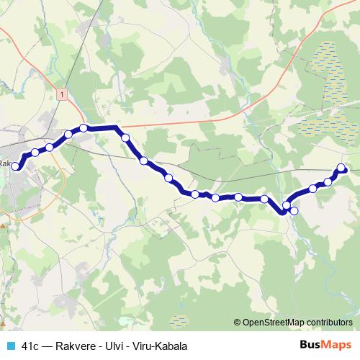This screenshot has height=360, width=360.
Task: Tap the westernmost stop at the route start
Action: tap(16, 165)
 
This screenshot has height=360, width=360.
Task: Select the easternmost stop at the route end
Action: tap(342, 168)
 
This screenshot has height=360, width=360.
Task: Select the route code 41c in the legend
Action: tap(30, 346)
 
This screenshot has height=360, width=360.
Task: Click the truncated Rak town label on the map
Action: tap(6, 163)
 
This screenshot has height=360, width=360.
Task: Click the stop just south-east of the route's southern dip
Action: tap(294, 211)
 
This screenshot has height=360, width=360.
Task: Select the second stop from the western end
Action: tap(35, 153)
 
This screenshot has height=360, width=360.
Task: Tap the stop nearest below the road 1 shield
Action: tap(84, 128)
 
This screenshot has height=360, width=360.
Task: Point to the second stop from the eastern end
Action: tap(328, 181)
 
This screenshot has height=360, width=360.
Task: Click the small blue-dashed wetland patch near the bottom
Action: tap(179, 317)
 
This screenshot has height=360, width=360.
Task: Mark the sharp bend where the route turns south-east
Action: tap(116, 127)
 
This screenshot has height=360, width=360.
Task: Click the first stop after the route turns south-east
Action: tap(125, 137)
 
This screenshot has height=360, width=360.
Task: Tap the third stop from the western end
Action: tap(50, 147)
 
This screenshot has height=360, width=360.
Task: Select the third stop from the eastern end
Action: tap(313, 189)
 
